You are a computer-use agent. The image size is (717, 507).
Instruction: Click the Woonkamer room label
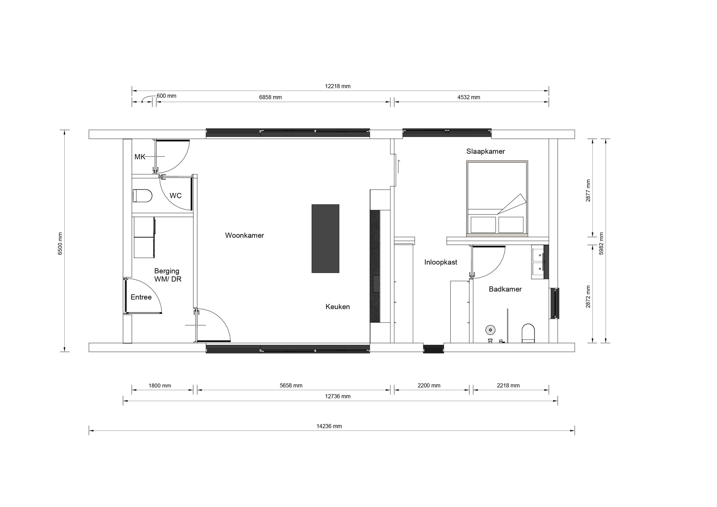click(245, 235)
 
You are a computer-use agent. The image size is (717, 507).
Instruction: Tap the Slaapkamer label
click(486, 152)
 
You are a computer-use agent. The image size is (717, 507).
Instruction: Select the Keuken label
click(337, 307)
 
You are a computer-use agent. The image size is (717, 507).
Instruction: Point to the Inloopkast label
click(441, 262)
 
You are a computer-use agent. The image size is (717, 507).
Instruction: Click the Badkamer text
click(505, 289)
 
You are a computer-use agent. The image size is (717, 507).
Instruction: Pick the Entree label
click(141, 297)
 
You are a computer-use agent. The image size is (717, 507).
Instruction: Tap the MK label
click(140, 157)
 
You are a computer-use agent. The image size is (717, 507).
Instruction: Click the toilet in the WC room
click(142, 196)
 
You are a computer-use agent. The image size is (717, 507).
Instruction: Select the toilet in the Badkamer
click(529, 333)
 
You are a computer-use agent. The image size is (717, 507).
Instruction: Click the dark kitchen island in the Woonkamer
click(325, 239)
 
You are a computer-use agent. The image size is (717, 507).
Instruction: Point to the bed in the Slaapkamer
click(497, 197)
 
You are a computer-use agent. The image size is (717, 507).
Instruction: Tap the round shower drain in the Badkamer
click(491, 330)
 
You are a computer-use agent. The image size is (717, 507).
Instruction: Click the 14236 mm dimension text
click(329, 426)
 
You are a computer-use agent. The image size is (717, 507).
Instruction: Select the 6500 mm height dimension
click(60, 244)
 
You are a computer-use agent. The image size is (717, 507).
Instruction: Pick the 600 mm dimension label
click(166, 96)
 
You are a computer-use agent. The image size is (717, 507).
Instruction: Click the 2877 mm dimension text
click(588, 190)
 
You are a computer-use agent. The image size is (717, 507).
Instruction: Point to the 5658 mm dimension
click(291, 385)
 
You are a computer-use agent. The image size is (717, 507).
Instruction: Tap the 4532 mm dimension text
click(469, 97)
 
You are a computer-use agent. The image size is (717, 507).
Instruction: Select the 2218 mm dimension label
click(508, 385)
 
